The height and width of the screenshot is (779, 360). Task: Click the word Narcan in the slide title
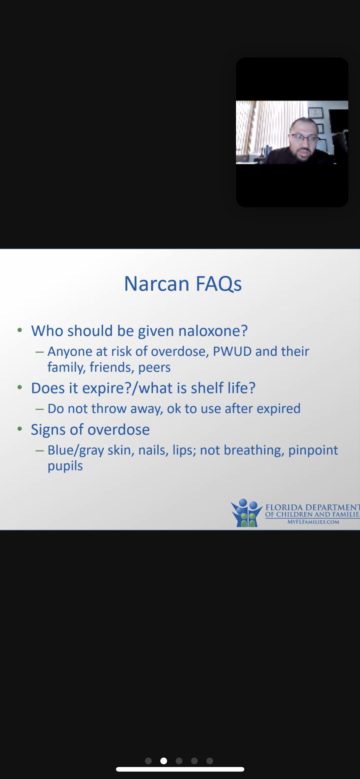point(157,284)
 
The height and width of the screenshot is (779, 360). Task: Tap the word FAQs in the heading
point(219,284)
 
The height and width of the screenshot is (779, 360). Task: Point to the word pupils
point(65,466)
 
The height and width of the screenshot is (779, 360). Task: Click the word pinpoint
point(313,450)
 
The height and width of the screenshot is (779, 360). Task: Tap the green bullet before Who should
point(20,330)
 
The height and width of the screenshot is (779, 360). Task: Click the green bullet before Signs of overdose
point(20,429)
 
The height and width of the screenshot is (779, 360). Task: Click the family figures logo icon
point(247,513)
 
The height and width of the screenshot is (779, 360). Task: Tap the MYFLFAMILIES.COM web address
point(313,522)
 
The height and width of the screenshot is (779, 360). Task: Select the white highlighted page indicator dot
point(164,761)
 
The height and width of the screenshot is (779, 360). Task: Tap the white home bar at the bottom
point(180,769)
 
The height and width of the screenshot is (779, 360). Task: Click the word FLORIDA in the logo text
point(284,507)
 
